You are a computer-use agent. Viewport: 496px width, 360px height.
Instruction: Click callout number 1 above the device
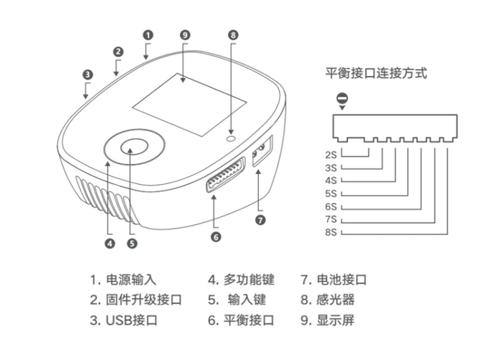click(x=148, y=35)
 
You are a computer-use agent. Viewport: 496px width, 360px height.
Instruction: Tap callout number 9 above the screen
click(x=185, y=35)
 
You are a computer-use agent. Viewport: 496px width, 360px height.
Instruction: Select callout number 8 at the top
click(x=233, y=35)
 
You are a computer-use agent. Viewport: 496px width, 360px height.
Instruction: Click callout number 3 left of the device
click(x=87, y=75)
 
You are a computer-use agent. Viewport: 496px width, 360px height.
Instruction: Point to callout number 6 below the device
click(x=216, y=237)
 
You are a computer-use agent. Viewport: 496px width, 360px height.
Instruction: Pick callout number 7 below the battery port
click(x=261, y=220)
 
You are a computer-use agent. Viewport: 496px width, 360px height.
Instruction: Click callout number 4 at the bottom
click(x=110, y=244)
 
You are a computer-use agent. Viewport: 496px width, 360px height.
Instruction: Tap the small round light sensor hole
click(x=231, y=139)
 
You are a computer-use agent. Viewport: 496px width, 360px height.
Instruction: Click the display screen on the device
click(x=189, y=105)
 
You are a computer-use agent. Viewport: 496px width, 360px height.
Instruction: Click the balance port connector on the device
click(x=226, y=175)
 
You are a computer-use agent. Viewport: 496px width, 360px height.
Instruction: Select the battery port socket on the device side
click(x=263, y=151)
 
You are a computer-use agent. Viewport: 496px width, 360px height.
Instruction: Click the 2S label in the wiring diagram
click(x=331, y=155)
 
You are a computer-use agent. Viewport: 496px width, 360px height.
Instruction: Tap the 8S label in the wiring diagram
click(x=331, y=232)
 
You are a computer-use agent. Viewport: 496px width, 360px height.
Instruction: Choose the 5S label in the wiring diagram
click(x=331, y=193)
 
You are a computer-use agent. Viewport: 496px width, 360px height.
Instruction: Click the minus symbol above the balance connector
click(x=342, y=98)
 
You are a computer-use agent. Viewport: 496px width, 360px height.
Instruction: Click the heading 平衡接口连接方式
click(x=376, y=73)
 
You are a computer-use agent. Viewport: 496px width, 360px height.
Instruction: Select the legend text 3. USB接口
click(x=124, y=320)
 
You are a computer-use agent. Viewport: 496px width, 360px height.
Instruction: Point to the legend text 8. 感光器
click(x=327, y=300)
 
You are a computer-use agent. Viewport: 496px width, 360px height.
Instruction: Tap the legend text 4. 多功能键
click(x=241, y=280)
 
